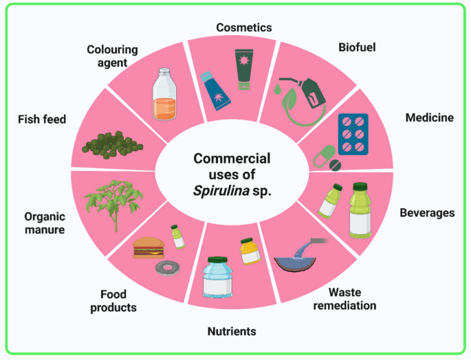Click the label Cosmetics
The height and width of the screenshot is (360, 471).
click(x=243, y=27)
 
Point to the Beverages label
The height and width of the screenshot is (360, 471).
click(x=427, y=212)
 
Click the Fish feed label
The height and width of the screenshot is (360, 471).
click(x=42, y=120)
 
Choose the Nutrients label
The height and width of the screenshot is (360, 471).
click(x=232, y=331)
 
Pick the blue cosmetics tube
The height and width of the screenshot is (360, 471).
click(x=212, y=89)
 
